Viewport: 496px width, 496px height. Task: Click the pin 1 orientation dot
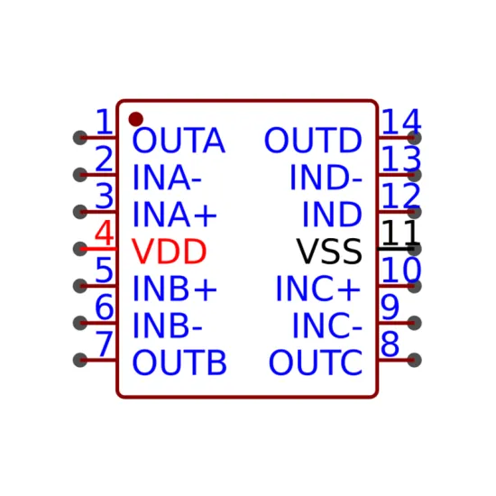coord(135,119)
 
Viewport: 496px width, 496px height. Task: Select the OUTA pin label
coord(179,140)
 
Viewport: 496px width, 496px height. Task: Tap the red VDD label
coord(169,252)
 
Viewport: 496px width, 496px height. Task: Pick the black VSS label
coord(329,252)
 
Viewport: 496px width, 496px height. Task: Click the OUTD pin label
coord(313,140)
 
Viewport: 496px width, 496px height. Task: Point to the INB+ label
coord(175,289)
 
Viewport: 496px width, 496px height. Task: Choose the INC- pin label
coord(327,326)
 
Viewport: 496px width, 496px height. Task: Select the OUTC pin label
coord(316,363)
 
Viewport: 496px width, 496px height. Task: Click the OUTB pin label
coord(179,363)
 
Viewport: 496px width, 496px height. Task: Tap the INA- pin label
coord(167,177)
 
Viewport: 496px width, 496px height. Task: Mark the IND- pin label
coord(326,177)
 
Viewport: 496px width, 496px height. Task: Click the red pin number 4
coord(104,234)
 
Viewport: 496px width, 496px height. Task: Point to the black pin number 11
coord(401,234)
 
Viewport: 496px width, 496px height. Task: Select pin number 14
coord(401,122)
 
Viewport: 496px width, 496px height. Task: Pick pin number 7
coord(104,344)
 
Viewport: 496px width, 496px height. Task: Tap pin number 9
coord(390,308)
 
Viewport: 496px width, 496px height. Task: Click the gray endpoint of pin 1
coord(80,138)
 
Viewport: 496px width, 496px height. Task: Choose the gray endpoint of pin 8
coord(414,360)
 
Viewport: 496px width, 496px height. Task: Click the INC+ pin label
coord(318,289)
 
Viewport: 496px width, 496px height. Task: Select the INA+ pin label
coord(175,215)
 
